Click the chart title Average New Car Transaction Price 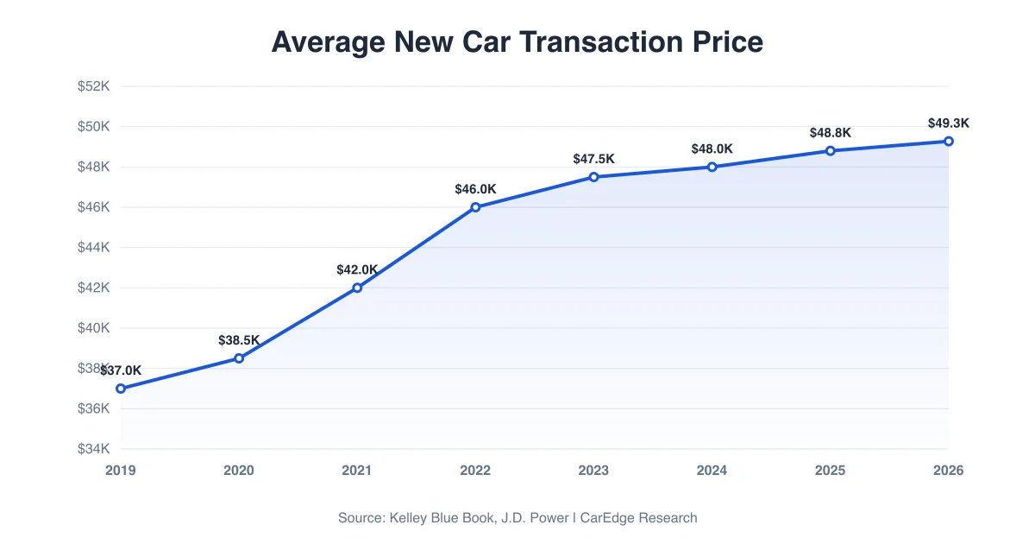[x=517, y=41]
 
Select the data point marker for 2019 [x=121, y=389]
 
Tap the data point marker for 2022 [x=475, y=207]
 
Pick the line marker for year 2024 [x=712, y=167]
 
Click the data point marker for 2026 [x=949, y=141]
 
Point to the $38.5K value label [x=239, y=340]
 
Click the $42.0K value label [x=357, y=269]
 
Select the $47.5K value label [x=593, y=159]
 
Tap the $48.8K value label [x=831, y=133]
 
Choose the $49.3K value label [x=949, y=123]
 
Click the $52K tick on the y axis [x=93, y=86]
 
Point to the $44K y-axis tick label [x=93, y=248]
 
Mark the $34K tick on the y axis [x=93, y=449]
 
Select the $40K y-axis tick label [x=93, y=328]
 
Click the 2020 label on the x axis [x=239, y=471]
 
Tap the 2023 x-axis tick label [x=593, y=471]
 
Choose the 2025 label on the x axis [x=831, y=471]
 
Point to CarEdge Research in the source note [x=639, y=518]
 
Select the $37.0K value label [x=121, y=370]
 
